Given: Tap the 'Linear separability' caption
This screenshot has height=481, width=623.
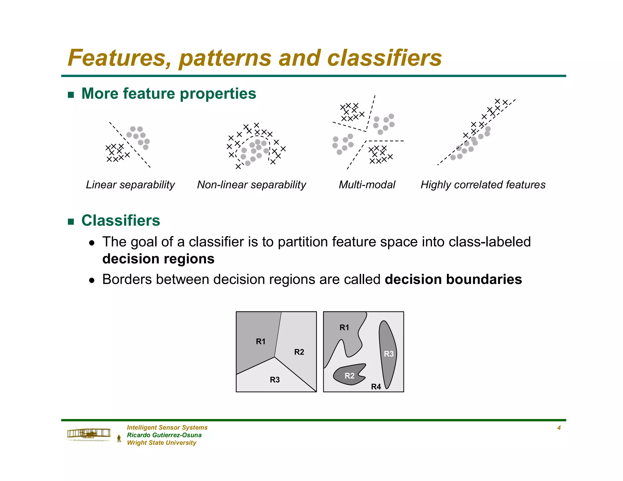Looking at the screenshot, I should (130, 185).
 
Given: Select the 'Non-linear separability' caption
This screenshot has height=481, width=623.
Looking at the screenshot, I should (251, 185).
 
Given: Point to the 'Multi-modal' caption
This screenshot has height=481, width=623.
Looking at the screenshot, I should (367, 185).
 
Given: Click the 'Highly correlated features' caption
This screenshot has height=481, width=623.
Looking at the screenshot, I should (483, 185).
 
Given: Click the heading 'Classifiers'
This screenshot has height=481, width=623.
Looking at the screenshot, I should (120, 220).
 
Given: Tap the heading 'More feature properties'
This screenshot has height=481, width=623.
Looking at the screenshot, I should (169, 94).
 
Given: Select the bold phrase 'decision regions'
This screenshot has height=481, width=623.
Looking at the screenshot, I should (158, 259).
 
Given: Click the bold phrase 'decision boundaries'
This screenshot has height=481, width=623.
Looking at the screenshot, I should (453, 279).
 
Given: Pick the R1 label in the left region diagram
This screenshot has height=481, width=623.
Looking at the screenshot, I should (261, 342).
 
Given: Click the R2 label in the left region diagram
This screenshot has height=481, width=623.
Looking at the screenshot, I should (299, 352).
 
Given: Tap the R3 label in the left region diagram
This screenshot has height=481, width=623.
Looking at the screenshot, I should (275, 380).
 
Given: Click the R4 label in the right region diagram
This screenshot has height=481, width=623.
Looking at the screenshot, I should (376, 387).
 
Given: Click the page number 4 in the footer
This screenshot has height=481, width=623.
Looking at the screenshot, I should (559, 428).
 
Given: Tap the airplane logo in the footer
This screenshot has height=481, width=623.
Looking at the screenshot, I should (89, 434).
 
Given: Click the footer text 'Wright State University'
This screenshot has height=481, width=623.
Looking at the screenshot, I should (162, 443).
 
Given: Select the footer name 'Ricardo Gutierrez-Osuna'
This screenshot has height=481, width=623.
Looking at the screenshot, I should (164, 435).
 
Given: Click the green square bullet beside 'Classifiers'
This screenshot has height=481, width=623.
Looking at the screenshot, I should (71, 221).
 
